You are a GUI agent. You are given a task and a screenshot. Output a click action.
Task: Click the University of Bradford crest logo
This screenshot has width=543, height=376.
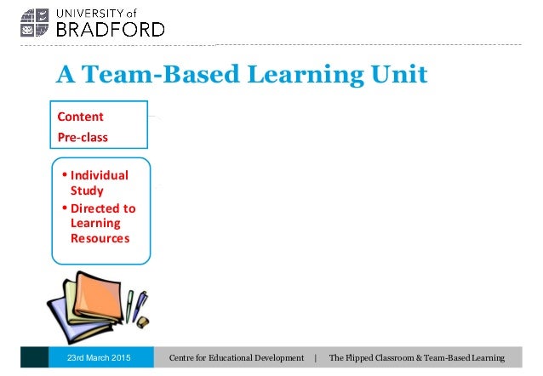(x=38, y=23)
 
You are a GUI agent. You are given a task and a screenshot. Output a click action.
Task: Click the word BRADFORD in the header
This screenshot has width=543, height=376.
(x=110, y=29)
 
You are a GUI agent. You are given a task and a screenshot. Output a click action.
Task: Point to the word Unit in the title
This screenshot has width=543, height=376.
(x=398, y=76)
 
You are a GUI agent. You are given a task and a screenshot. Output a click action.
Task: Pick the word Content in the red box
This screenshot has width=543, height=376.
(x=81, y=117)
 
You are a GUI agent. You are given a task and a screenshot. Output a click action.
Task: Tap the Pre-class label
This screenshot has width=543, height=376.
(x=83, y=136)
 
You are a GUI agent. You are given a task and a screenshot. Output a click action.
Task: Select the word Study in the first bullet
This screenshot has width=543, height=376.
(x=87, y=191)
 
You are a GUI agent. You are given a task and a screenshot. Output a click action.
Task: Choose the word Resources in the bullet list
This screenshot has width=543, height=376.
(x=100, y=239)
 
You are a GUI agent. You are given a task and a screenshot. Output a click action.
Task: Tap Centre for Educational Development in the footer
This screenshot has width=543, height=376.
(x=237, y=357)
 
